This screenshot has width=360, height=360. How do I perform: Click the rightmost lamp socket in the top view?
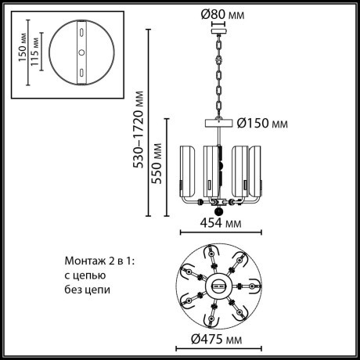tap(251, 286)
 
